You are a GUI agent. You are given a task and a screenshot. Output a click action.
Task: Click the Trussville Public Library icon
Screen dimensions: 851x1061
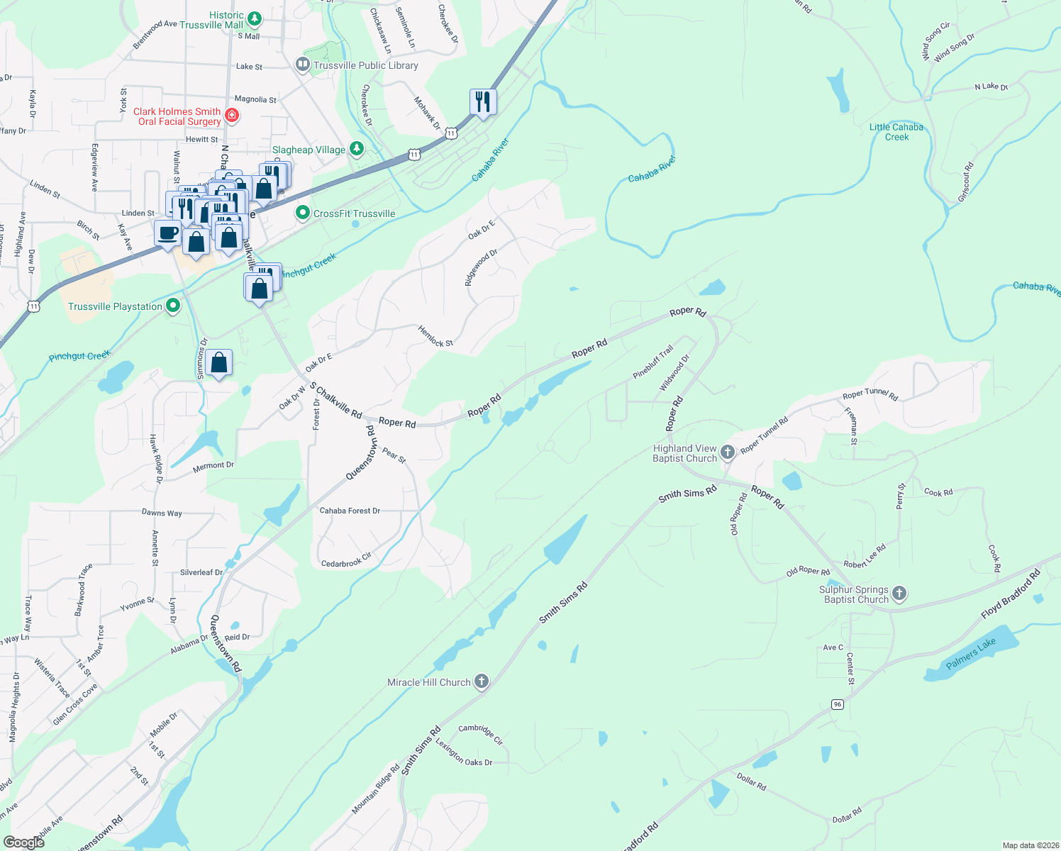[x=303, y=65]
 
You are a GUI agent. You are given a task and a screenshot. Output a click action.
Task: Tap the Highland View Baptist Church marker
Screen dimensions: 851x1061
[x=727, y=452]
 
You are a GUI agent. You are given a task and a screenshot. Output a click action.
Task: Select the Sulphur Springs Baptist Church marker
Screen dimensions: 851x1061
[x=899, y=594]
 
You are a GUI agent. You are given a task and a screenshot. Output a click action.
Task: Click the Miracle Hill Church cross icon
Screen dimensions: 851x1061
[x=482, y=682]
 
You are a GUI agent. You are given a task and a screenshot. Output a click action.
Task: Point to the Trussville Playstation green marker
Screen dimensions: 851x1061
[x=173, y=306]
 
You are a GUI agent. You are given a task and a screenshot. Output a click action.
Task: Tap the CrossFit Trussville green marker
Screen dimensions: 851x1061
[x=303, y=213]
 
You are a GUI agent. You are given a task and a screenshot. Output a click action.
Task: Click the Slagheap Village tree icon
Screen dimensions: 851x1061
[x=357, y=149]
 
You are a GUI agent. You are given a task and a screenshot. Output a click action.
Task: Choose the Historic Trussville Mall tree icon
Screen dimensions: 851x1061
[x=254, y=18]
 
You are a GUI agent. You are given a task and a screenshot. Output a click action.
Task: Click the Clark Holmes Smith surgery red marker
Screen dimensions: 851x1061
[x=231, y=115]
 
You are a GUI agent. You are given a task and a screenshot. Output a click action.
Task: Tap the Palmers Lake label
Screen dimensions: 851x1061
[x=971, y=653]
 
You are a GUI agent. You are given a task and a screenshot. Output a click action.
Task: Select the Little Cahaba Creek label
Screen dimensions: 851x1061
[x=896, y=132]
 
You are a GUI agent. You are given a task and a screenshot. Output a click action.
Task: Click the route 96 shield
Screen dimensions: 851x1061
[x=838, y=704]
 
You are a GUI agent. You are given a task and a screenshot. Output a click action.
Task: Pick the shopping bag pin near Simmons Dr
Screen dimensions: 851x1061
[x=219, y=364]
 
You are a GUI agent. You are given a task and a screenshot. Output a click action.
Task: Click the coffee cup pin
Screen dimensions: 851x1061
[x=168, y=233]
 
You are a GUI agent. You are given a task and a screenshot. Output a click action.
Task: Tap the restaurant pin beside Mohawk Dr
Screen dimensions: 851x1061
[x=483, y=102]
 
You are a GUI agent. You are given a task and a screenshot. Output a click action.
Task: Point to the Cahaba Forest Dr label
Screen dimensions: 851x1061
[x=350, y=511]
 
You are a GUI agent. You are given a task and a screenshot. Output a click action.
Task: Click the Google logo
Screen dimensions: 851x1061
[x=23, y=842]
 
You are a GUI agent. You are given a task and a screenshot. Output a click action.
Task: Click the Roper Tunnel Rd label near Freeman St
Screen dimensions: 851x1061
[x=870, y=396]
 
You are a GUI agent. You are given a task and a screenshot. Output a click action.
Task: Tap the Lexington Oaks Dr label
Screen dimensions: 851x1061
[x=465, y=754]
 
